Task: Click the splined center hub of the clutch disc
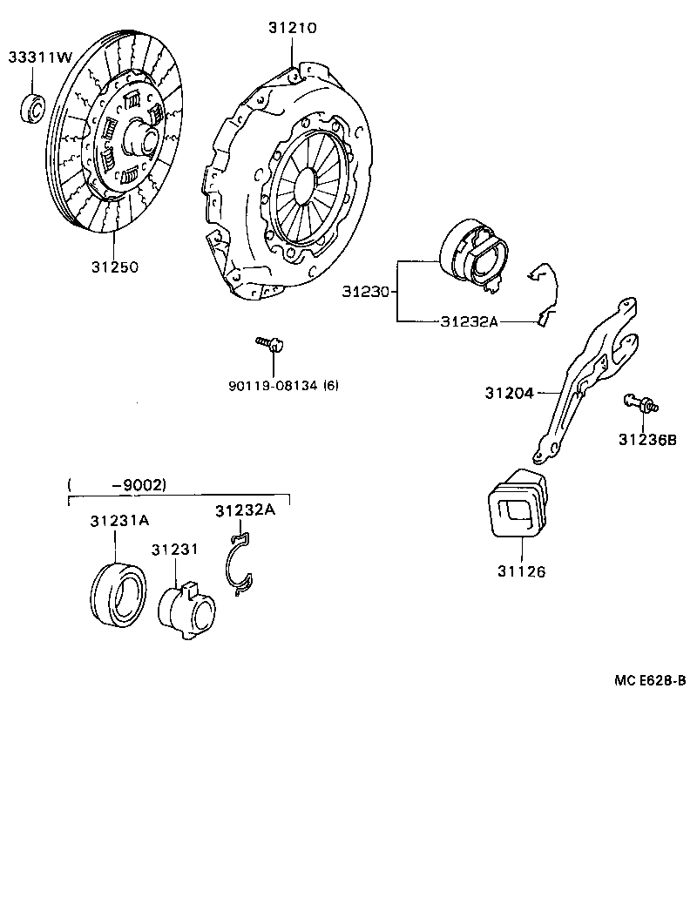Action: coord(139,138)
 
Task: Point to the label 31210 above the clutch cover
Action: coord(292,29)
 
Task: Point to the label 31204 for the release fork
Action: coord(509,393)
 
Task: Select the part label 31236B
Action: coord(646,440)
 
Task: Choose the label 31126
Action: coord(521,571)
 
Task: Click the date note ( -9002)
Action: coord(116,485)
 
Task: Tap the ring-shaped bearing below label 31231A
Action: coord(118,593)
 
